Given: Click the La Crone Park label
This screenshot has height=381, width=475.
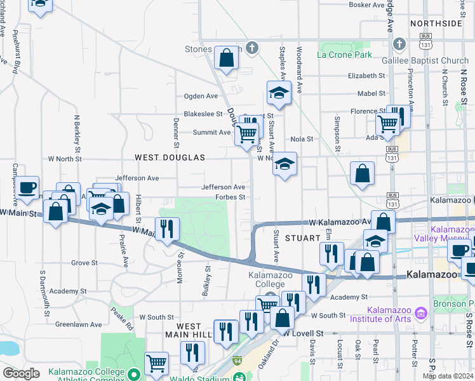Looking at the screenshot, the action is pyautogui.click(x=345, y=55).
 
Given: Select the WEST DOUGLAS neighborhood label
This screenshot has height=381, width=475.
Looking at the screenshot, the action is pyautogui.click(x=170, y=157).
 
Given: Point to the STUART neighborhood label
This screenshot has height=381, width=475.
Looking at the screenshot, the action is pyautogui.click(x=301, y=237).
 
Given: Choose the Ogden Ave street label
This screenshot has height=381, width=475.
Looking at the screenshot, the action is pyautogui.click(x=201, y=97).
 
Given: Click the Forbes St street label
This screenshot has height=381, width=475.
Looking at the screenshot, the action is pyautogui.click(x=230, y=197).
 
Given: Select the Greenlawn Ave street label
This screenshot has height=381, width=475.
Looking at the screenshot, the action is pyautogui.click(x=78, y=324).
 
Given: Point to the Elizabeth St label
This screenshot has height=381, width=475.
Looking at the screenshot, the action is pyautogui.click(x=366, y=75).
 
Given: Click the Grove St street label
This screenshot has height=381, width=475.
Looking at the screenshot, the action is pyautogui.click(x=84, y=262).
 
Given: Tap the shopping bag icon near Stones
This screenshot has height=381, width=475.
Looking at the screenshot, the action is pyautogui.click(x=225, y=59).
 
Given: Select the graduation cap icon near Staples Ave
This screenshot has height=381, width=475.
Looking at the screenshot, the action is pyautogui.click(x=278, y=95).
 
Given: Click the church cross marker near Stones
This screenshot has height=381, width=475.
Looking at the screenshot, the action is pyautogui.click(x=252, y=47).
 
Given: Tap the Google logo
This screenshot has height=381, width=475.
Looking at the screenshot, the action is pyautogui.click(x=21, y=373).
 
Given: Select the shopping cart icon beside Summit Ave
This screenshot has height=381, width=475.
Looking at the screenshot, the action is pyautogui.click(x=246, y=134).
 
